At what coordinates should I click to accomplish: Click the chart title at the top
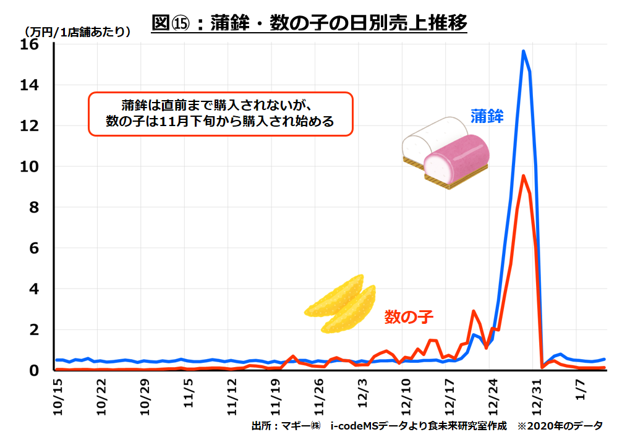pos(309,23)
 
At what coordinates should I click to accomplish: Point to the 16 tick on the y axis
pos(30,45)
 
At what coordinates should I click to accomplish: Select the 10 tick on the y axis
pos(30,167)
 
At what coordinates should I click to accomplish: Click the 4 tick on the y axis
pos(34,289)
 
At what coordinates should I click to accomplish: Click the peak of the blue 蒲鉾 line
pos(523,51)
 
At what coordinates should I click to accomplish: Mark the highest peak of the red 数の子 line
pos(523,176)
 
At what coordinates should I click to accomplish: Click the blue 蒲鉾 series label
pos(487,116)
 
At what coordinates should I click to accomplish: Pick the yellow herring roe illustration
pos(341,303)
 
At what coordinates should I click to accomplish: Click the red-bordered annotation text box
pos(220,114)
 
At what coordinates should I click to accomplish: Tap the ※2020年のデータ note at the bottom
pos(560,426)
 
